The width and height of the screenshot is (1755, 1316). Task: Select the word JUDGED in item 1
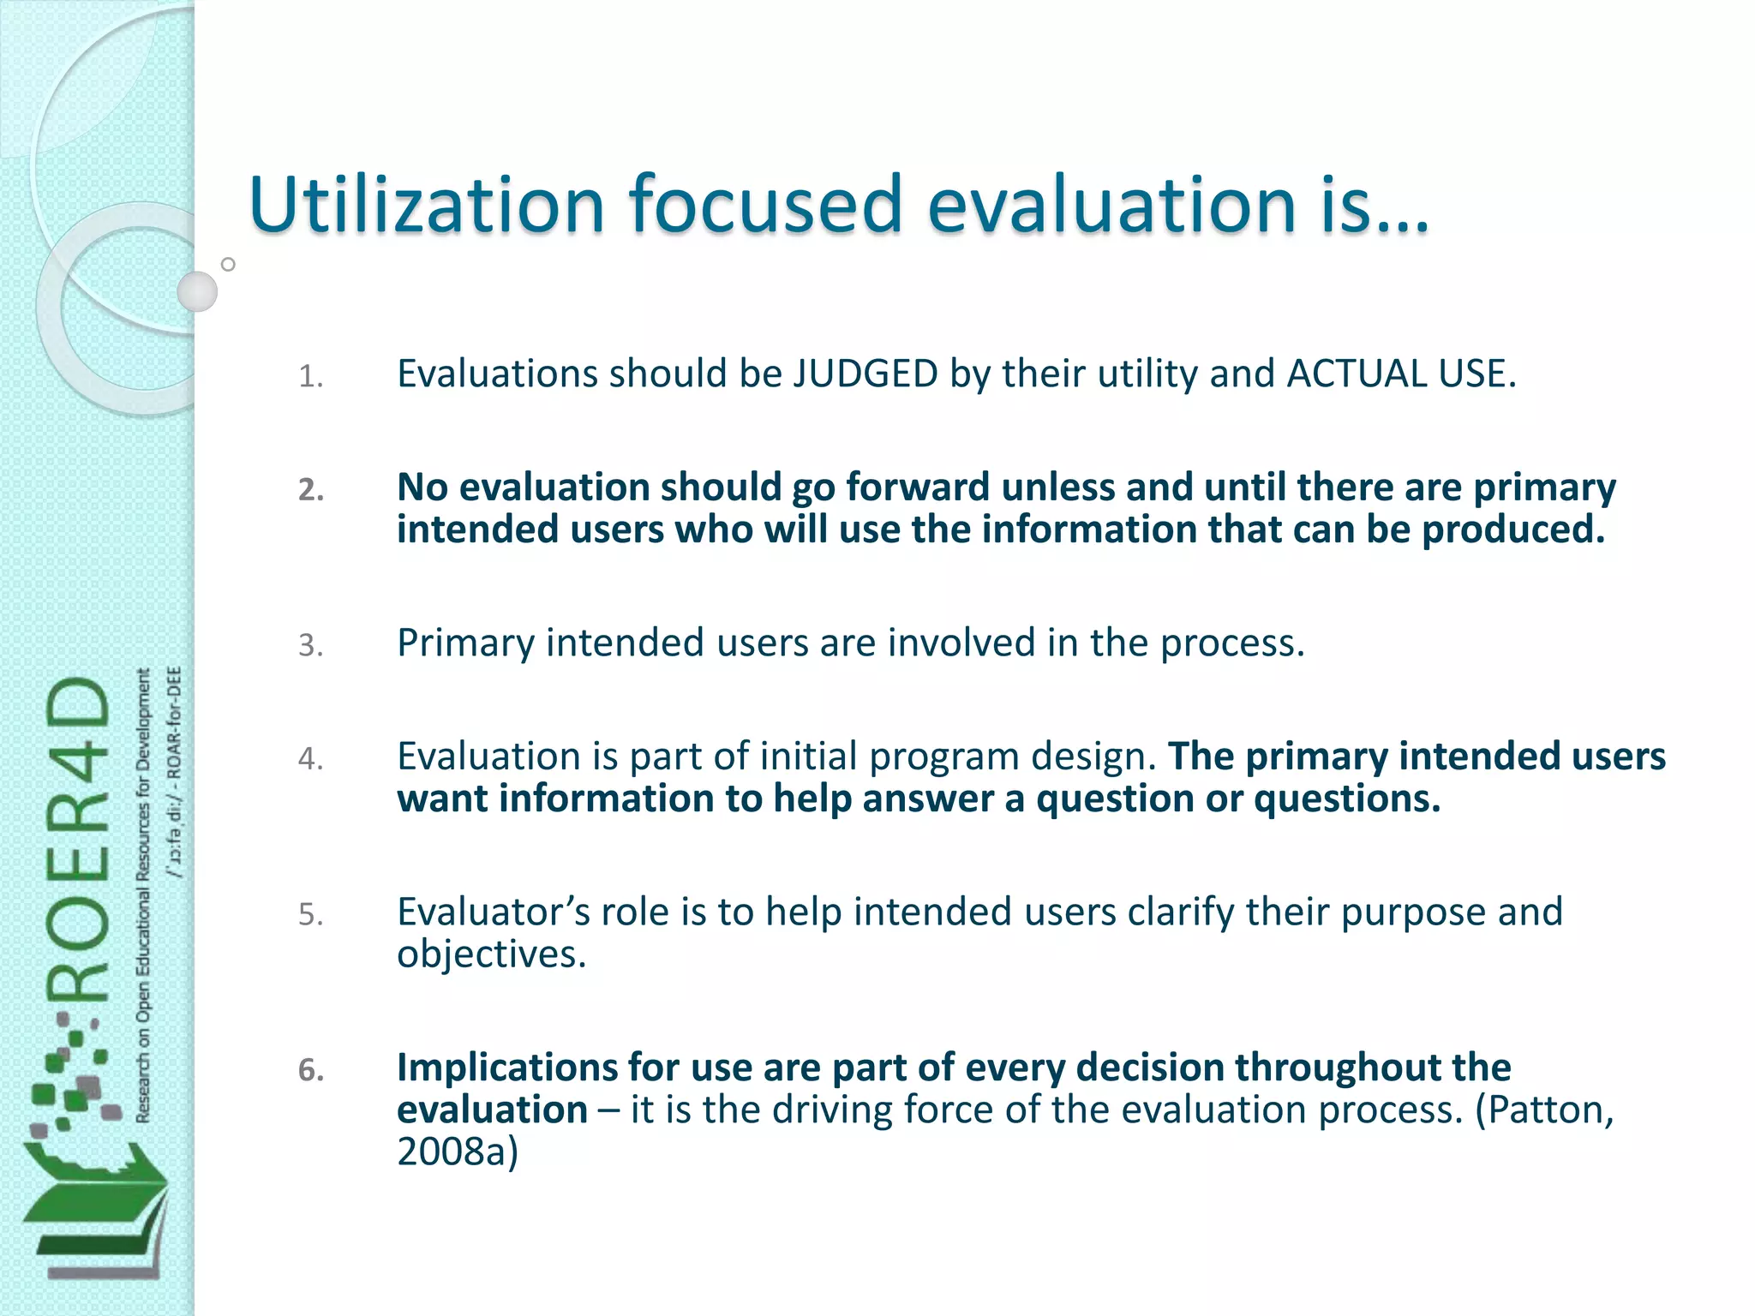tap(865, 374)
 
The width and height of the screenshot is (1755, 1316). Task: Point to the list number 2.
tap(310, 489)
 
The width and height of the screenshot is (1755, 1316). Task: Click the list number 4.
tap(310, 758)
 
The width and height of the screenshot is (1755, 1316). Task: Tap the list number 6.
tap(310, 1070)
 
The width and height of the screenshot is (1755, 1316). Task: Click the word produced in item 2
tap(1512, 529)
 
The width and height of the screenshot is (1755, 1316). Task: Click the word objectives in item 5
tap(490, 954)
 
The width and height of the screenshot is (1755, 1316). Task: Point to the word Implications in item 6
tap(506, 1068)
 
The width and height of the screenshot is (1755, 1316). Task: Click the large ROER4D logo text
tap(79, 840)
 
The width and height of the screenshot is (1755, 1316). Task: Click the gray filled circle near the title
tap(197, 291)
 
